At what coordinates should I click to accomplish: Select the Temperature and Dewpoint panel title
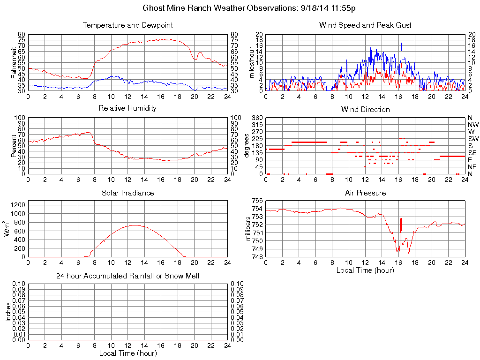point(127,25)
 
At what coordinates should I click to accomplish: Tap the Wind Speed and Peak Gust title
point(365,25)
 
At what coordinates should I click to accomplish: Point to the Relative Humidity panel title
point(127,108)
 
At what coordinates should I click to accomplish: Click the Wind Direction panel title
point(365,109)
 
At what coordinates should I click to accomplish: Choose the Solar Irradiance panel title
point(127,193)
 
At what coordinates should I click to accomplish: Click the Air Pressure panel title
point(365,193)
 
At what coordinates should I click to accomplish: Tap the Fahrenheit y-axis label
point(14,63)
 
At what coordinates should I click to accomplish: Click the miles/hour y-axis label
point(252,63)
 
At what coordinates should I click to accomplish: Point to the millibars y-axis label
point(249,229)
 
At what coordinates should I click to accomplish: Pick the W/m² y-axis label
point(7,229)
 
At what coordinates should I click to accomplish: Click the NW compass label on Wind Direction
point(472,125)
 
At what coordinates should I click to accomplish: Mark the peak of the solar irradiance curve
point(135,225)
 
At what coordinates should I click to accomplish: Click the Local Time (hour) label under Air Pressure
point(365,270)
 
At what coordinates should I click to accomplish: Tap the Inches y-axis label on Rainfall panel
point(8,312)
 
